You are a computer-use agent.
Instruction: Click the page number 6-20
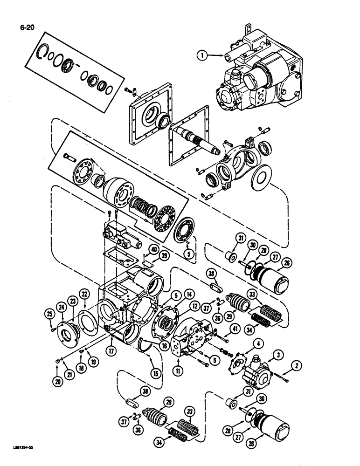22,20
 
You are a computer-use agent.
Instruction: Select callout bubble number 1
201,56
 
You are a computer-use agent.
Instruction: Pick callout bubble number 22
84,294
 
